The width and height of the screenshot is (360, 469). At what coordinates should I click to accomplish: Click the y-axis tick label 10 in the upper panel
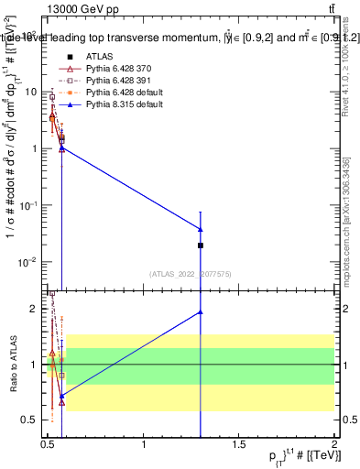click(30, 92)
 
